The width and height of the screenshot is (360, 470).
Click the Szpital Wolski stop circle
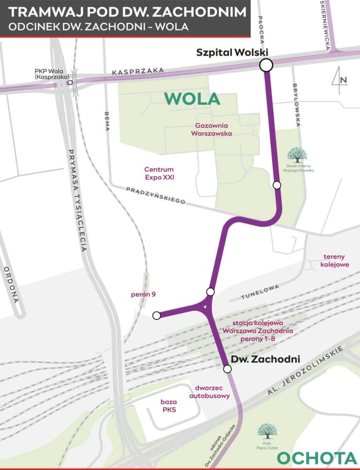[x=266, y=66]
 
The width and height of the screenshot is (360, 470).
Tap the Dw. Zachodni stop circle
[x=227, y=369]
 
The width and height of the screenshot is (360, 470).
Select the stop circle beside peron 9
[x=157, y=315]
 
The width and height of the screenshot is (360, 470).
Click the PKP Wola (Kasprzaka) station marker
[x=70, y=83]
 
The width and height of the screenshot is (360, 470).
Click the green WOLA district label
[x=192, y=99]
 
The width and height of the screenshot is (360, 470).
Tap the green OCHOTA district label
[x=317, y=458]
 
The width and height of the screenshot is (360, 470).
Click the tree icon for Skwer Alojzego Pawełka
[x=297, y=155]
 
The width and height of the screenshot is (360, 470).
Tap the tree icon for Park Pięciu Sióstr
[x=267, y=431]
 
